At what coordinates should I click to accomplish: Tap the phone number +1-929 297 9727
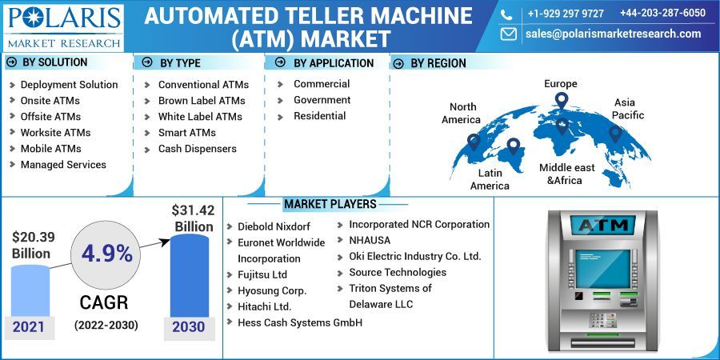tap(566, 14)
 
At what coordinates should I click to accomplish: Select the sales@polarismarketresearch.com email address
tap(613, 34)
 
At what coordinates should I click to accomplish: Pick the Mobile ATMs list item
tap(50, 148)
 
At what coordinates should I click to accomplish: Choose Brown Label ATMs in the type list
tap(201, 101)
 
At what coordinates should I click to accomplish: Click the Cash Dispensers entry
tap(197, 149)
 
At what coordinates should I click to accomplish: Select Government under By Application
tap(322, 100)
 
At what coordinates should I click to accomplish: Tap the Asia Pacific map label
tap(628, 109)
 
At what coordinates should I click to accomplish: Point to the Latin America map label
tap(490, 179)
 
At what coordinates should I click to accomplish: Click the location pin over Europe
tap(562, 101)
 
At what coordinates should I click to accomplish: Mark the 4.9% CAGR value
tap(106, 254)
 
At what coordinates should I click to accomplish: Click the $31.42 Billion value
tap(193, 218)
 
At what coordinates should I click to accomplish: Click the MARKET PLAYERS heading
tap(330, 205)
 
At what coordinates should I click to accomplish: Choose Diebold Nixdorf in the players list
tap(274, 226)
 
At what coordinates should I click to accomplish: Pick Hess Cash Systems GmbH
tap(299, 322)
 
